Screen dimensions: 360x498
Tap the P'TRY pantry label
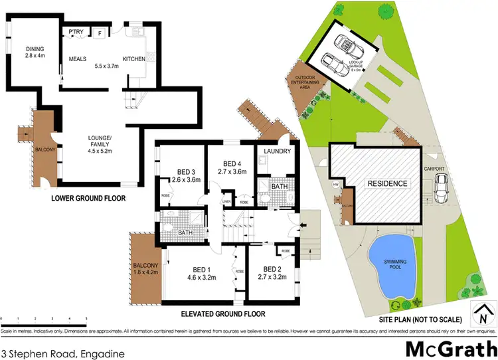click(75, 32)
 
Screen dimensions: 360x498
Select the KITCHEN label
click(133, 59)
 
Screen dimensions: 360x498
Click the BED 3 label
click(176, 170)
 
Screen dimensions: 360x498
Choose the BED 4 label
click(231, 164)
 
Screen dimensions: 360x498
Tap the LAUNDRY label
click(274, 151)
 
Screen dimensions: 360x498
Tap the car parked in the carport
click(440, 191)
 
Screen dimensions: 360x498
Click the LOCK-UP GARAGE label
click(357, 64)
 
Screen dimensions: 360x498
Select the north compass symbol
click(483, 310)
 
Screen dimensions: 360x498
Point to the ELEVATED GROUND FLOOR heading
click(223, 314)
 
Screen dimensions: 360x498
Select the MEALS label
click(78, 59)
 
